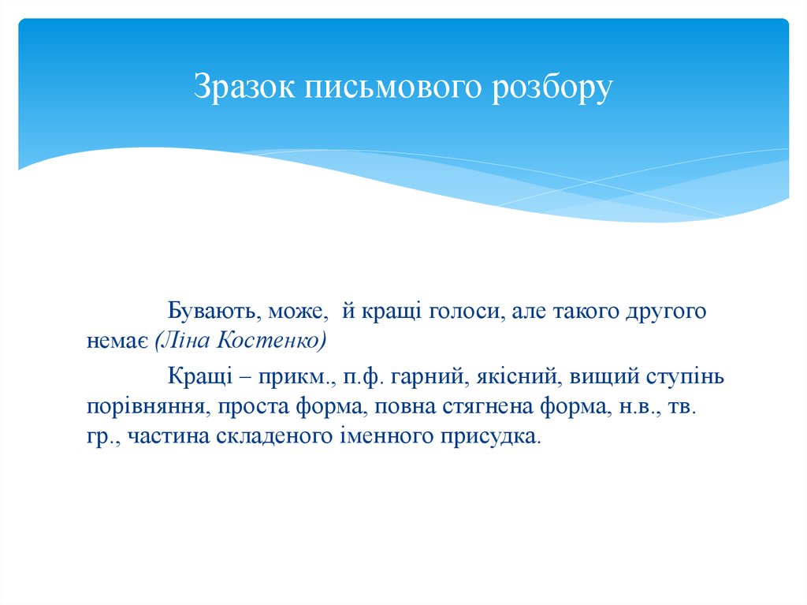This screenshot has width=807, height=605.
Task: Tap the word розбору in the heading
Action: click(552, 88)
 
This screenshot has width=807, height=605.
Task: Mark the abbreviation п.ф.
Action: click(363, 377)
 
